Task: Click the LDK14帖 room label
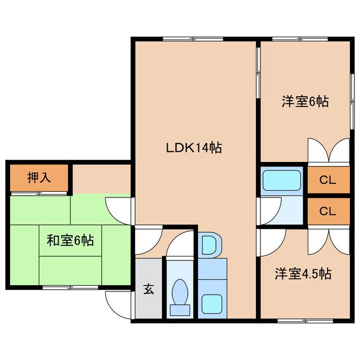[x=193, y=147]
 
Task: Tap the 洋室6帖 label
[x=305, y=101]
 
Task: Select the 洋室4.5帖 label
[x=303, y=273]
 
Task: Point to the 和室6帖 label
[x=70, y=240]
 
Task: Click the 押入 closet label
[x=39, y=178]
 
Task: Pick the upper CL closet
[x=328, y=180]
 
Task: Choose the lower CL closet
[x=328, y=211]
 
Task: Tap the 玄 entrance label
[x=148, y=289]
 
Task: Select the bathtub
[x=281, y=180]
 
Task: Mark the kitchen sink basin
[x=211, y=304]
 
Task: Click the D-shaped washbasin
[x=210, y=245]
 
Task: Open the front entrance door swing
[x=119, y=305]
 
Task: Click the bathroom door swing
[x=269, y=211]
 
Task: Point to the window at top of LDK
[x=193, y=39]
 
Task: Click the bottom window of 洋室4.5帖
[x=305, y=321]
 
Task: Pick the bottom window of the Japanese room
[x=70, y=287]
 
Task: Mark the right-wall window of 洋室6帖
[x=352, y=101]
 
